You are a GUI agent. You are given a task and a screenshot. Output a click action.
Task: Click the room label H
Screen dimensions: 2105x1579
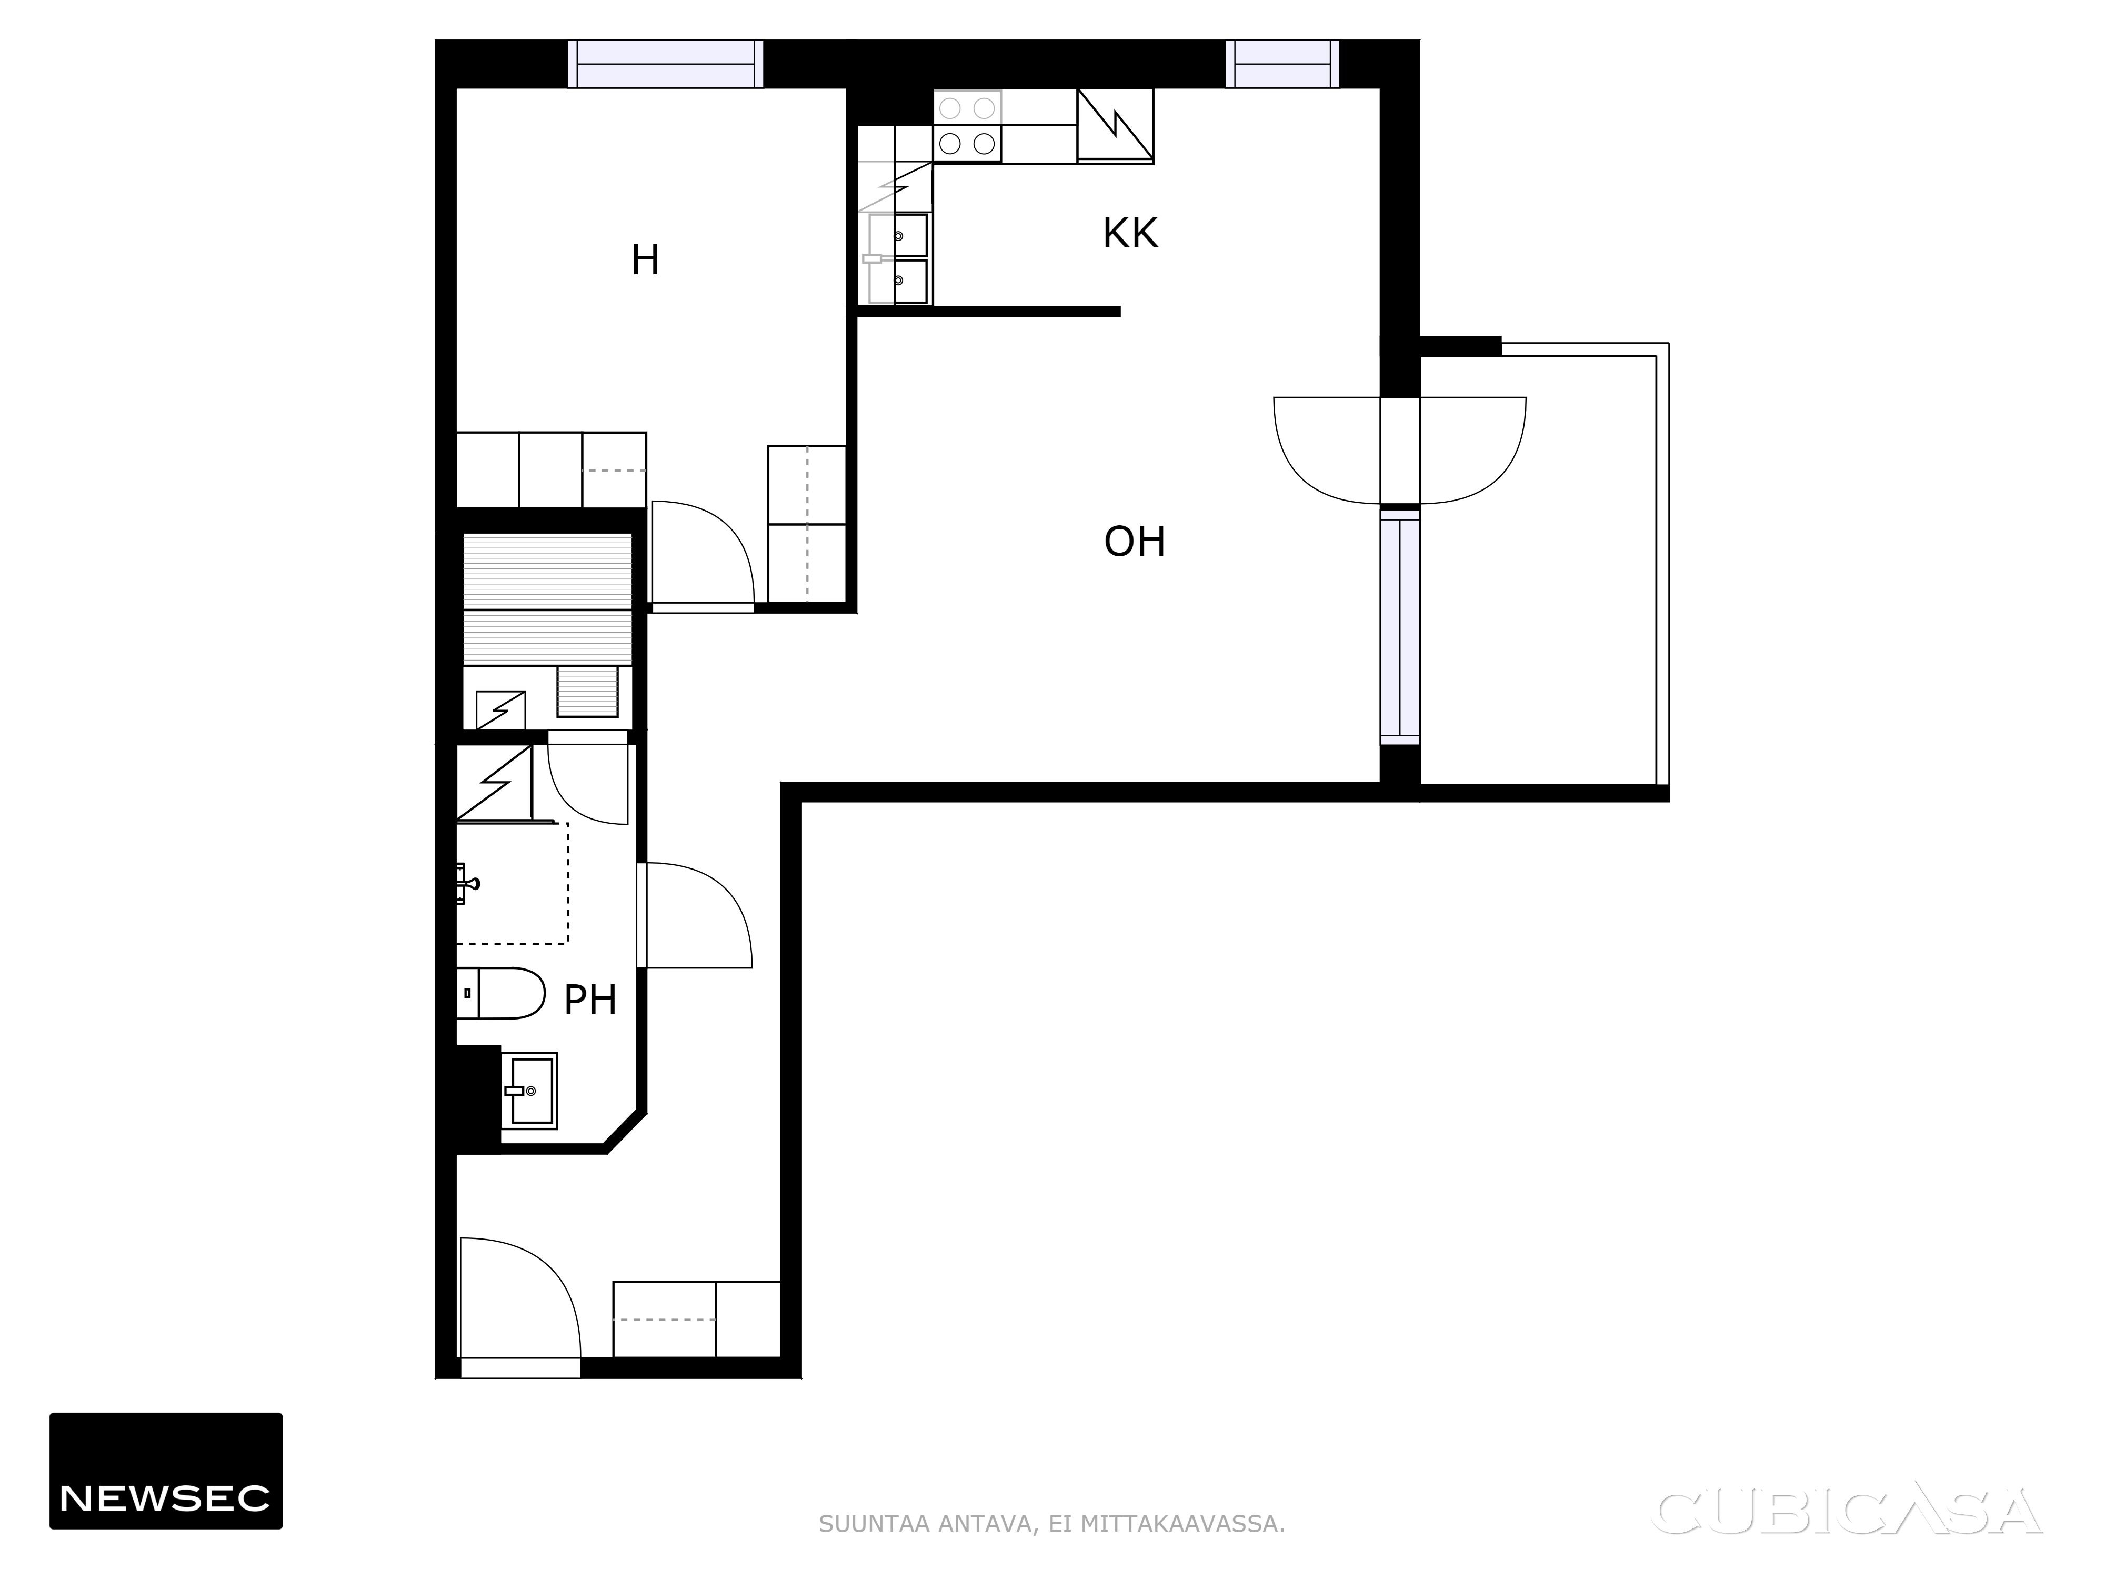tap(645, 260)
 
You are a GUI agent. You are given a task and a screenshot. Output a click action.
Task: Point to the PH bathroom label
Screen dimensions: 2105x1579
tap(590, 1001)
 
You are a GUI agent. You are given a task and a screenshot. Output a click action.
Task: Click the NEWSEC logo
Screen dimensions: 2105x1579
tap(166, 1471)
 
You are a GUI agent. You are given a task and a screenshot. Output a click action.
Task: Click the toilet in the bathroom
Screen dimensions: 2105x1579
tap(499, 994)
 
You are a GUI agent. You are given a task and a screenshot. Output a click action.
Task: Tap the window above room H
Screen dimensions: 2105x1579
tap(666, 64)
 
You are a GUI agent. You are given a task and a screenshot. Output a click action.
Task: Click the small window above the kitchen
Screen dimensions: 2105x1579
tap(1282, 64)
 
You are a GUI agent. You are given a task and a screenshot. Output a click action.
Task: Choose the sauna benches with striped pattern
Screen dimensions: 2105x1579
tap(547, 598)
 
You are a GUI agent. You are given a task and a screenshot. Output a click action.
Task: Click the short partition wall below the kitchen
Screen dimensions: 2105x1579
tap(989, 311)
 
